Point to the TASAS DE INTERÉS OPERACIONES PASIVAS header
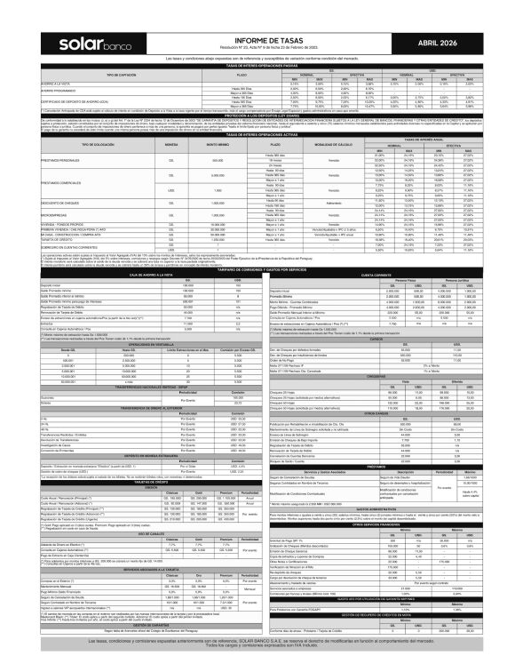[257, 67]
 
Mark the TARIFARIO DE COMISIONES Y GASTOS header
[257, 268]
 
